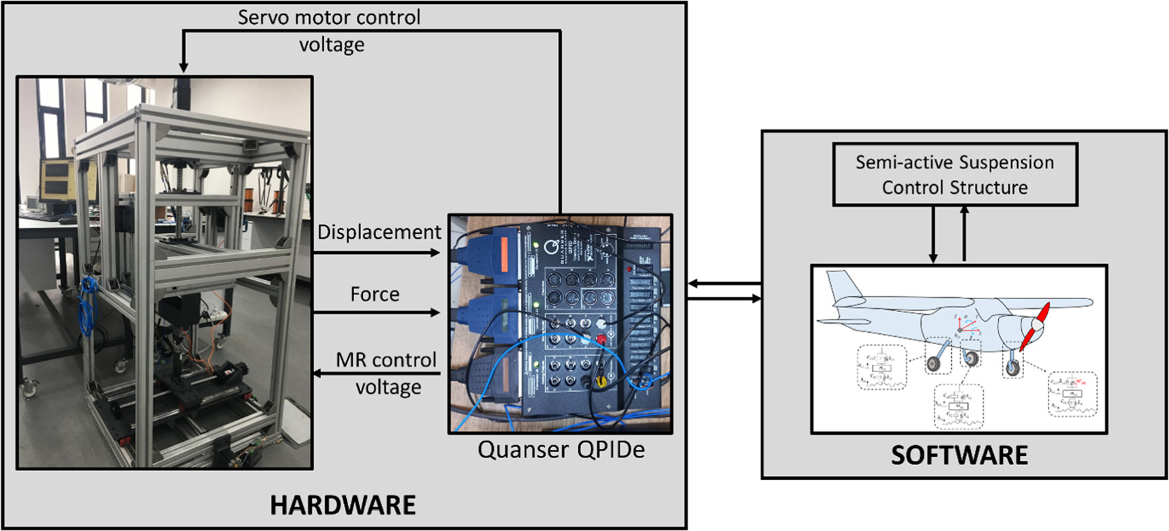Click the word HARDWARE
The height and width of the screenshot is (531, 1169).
coord(343,505)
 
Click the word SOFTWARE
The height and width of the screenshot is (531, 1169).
coord(959,455)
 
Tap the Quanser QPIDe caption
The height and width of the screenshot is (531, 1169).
coord(560,450)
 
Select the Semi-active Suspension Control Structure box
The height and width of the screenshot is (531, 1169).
coord(954,175)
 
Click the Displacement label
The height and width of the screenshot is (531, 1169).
coord(379,232)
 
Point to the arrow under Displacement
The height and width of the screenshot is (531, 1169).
coord(377,253)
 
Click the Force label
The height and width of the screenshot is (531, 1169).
coord(375,294)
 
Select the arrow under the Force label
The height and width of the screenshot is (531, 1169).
coord(377,313)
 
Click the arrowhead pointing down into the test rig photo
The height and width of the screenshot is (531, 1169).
coord(183,66)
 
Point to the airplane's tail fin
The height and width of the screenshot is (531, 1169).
coord(841,286)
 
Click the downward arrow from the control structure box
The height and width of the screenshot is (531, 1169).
coord(933,235)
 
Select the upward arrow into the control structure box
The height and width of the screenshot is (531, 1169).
coord(964,235)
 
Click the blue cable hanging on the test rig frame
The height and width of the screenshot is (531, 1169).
coord(87,307)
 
